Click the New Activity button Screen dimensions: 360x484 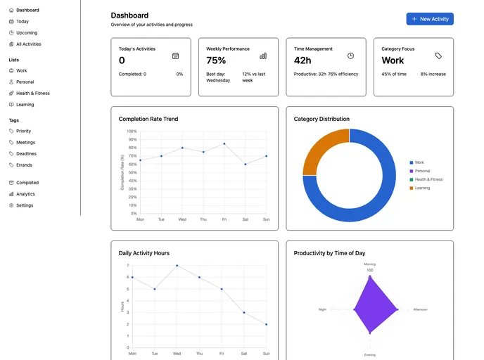pyautogui.click(x=429, y=19)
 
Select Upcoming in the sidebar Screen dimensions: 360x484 pyautogui.click(x=27, y=33)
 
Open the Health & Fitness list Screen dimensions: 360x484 pyautogui.click(x=32, y=94)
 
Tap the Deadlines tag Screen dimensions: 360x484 pyautogui.click(x=26, y=154)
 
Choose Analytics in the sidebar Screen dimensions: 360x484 pyautogui.click(x=25, y=194)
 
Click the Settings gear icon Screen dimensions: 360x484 pyautogui.click(x=11, y=205)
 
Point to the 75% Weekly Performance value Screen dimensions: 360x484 pyautogui.click(x=216, y=60)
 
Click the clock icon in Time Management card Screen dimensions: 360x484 pyautogui.click(x=350, y=56)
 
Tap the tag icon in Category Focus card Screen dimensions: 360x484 pyautogui.click(x=438, y=56)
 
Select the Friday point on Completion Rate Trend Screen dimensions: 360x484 pyautogui.click(x=224, y=143)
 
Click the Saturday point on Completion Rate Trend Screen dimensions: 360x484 pyautogui.click(x=246, y=164)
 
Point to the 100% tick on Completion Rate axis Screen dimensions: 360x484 pyautogui.click(x=132, y=131)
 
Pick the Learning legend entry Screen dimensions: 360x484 pyautogui.click(x=422, y=188)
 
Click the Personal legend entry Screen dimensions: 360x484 pyautogui.click(x=422, y=171)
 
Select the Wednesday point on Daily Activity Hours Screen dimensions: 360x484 pyautogui.click(x=177, y=266)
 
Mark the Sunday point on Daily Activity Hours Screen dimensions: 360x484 pyautogui.click(x=267, y=324)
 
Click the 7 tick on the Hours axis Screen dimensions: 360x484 pyautogui.click(x=127, y=266)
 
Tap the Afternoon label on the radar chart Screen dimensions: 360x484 pyautogui.click(x=420, y=309)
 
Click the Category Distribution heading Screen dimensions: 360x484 pyautogui.click(x=321, y=119)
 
